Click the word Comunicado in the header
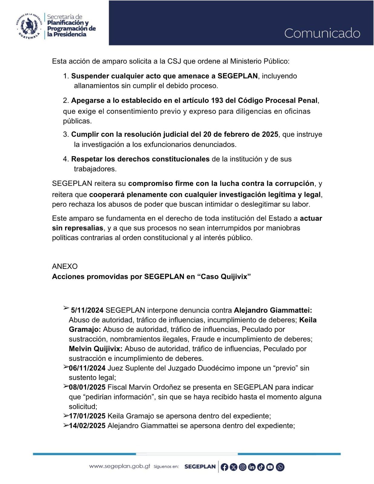[322, 33]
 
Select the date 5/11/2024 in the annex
[87, 310]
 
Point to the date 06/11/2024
[87, 368]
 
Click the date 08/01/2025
[87, 387]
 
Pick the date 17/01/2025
[87, 416]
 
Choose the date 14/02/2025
[87, 426]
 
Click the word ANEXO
[65, 266]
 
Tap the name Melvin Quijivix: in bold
[96, 349]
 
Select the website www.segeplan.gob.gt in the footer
[120, 466]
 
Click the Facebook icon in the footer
[224, 467]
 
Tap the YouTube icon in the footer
[270, 467]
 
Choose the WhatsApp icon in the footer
[280, 467]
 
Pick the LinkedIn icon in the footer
[252, 467]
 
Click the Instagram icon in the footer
[243, 467]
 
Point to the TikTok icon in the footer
[261, 467]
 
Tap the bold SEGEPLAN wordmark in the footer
[200, 466]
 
